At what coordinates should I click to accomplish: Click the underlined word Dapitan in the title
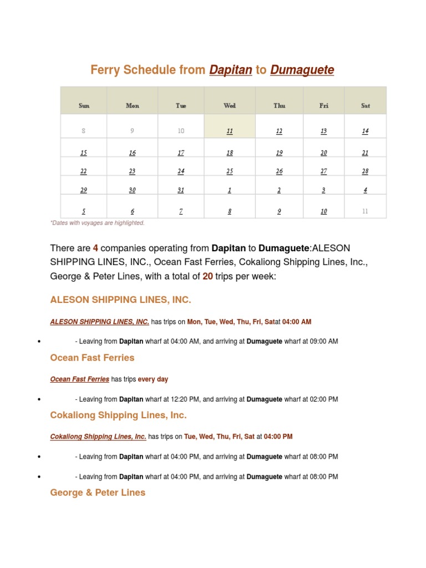pos(231,70)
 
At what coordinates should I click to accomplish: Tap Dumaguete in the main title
pos(302,70)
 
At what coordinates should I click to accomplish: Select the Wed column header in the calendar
pos(230,105)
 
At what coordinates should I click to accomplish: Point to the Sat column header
pos(365,105)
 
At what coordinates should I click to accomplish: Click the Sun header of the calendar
pos(84,105)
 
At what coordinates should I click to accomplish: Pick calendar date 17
pos(181,153)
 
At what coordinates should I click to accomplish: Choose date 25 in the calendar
pos(230,171)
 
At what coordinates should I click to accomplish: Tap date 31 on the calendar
pos(181,190)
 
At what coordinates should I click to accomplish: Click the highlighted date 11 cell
pos(230,131)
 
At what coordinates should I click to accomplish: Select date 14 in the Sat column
pos(365,131)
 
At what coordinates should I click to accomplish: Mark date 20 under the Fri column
pos(324,153)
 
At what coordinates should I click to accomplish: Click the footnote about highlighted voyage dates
pos(97,223)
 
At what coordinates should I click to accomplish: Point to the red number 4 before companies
pos(95,248)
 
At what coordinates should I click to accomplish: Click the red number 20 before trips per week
pos(207,276)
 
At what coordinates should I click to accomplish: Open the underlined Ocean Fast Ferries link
pos(79,379)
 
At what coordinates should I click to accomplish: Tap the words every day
pos(153,379)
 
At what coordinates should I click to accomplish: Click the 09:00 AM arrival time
pos(321,341)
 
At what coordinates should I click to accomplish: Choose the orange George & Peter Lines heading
pos(98,493)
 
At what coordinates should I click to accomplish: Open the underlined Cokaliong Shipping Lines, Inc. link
pos(98,437)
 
